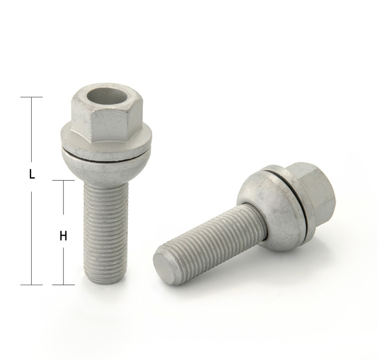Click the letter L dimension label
point(32,174)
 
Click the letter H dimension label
point(63,236)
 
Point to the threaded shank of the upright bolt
point(106,231)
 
